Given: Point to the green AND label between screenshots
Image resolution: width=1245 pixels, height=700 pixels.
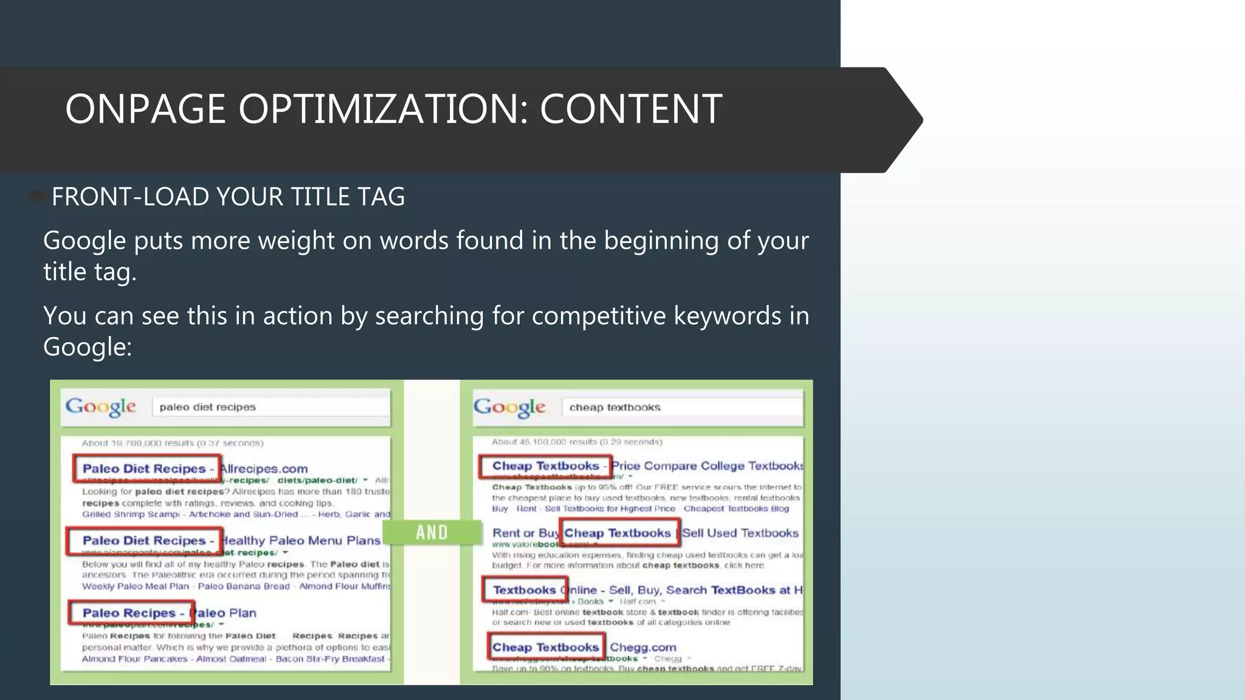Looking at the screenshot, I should tap(432, 533).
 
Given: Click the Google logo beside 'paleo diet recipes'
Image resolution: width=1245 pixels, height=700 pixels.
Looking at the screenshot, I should tap(100, 407).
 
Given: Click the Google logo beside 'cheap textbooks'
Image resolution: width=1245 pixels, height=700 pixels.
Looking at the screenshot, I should tap(509, 407).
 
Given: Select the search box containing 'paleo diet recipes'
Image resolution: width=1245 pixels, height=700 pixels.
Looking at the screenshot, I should tap(271, 407).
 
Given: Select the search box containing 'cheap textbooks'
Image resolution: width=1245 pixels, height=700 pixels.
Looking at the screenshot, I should tap(681, 407).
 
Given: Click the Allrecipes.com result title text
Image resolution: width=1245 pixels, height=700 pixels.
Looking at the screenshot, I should tap(264, 468).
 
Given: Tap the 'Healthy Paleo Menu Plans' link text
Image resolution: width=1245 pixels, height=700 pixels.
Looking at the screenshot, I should tap(302, 540).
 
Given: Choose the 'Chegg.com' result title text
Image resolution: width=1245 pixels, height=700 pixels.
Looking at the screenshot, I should tap(643, 647).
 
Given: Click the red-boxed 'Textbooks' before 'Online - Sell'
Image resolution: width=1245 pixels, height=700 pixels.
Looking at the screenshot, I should tap(524, 589).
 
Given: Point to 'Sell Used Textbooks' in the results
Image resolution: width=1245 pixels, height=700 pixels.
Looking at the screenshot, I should tap(740, 533).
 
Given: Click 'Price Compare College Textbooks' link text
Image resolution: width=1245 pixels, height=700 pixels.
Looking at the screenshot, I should tap(707, 465).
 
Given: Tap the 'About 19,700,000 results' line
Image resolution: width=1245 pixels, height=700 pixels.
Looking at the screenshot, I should tap(173, 443).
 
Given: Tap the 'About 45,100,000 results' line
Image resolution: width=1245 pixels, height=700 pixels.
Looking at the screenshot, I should tap(576, 442).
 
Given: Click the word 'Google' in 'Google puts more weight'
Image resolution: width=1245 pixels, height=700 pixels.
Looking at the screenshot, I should tap(84, 241).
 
